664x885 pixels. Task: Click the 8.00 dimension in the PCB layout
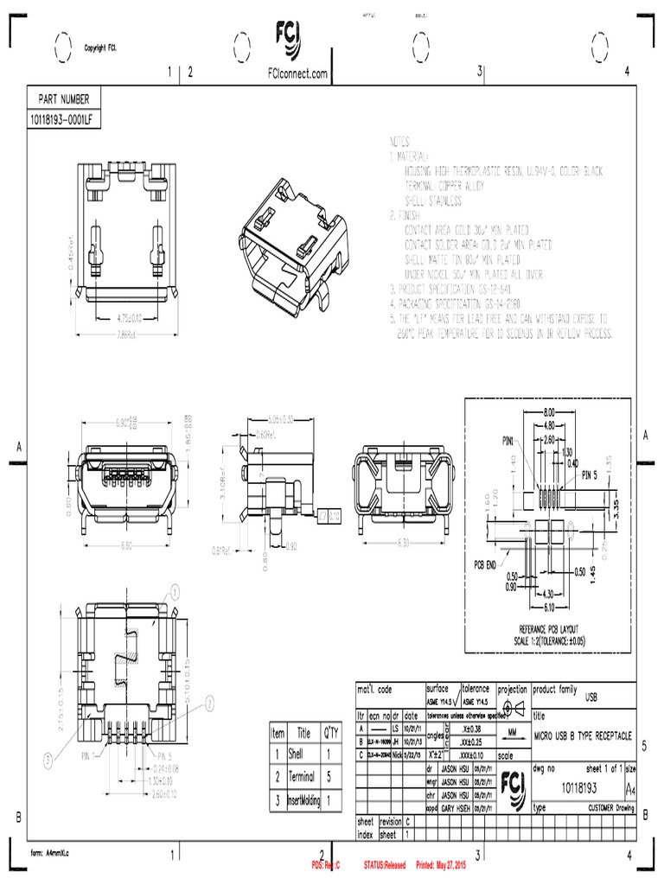(x=549, y=413)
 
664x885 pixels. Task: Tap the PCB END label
(x=486, y=563)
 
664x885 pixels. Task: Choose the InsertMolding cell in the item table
(x=303, y=801)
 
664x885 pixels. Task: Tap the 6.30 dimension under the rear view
(x=402, y=543)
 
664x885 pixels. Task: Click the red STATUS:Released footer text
(x=385, y=863)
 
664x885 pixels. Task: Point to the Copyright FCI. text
(x=100, y=48)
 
